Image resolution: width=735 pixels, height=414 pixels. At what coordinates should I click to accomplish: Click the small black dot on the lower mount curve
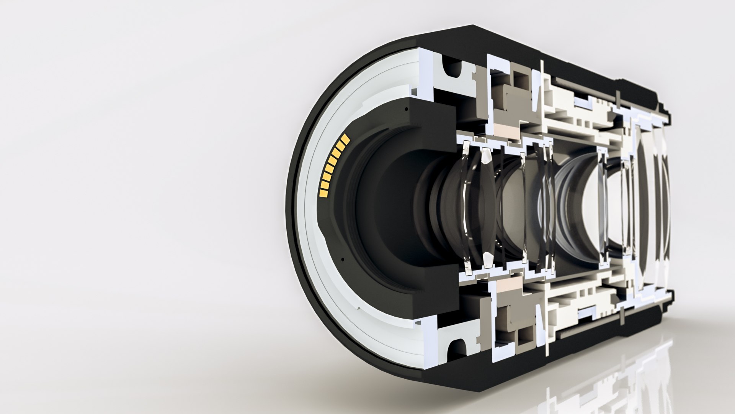(343, 259)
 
